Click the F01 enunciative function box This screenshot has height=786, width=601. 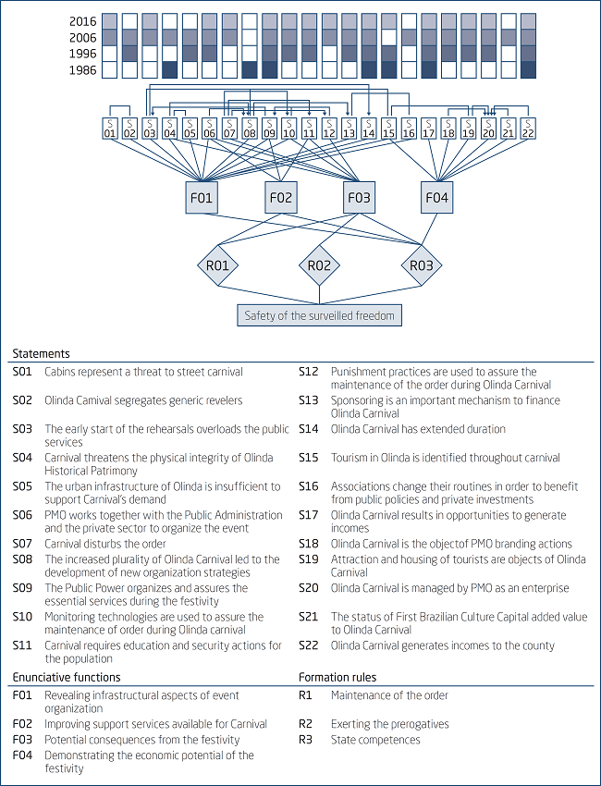tap(202, 197)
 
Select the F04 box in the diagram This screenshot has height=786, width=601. tap(437, 197)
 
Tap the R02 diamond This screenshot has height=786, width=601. tap(319, 265)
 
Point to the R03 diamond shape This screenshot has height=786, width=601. tap(421, 265)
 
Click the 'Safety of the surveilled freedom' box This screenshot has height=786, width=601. tap(319, 315)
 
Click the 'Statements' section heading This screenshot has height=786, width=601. tap(41, 353)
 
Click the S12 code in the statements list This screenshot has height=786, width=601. tap(308, 372)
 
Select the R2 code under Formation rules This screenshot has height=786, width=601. tap(306, 724)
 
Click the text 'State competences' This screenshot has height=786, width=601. tap(375, 739)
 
